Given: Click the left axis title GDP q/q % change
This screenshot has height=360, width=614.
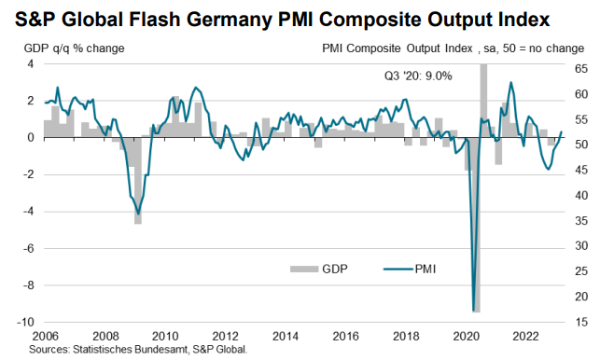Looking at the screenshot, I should [x=79, y=48].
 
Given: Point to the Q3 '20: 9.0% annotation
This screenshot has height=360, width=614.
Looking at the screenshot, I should [x=418, y=76].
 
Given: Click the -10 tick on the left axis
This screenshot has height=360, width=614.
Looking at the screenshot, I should [x=25, y=322].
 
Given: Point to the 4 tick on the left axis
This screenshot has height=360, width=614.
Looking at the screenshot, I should [x=30, y=63].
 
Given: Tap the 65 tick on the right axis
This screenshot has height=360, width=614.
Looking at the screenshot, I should [x=580, y=69].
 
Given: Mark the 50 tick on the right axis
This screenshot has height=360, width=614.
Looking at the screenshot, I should [x=580, y=145].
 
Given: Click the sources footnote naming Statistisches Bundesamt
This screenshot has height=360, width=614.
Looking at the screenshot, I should [x=138, y=349].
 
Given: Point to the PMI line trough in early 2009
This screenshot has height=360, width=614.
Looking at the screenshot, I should [x=139, y=214].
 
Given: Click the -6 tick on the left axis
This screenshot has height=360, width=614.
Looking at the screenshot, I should [x=28, y=248].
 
